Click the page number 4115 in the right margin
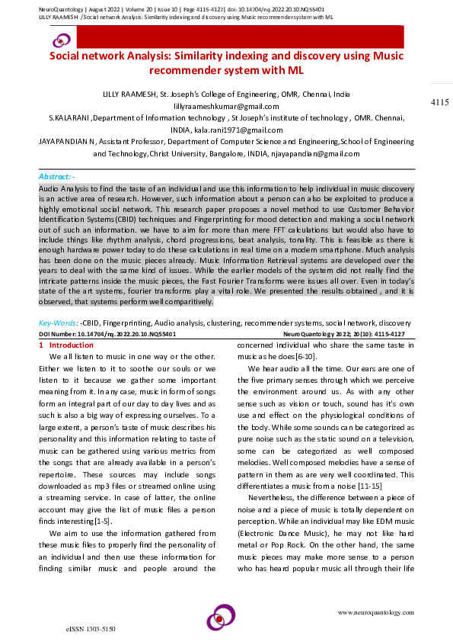coord(439,102)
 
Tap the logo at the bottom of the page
coord(222,617)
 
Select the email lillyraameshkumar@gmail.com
coord(227,106)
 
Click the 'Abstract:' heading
coord(56,175)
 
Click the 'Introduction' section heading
coord(76,345)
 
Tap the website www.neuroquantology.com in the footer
coord(375,613)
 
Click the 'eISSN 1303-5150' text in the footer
coord(91,629)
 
